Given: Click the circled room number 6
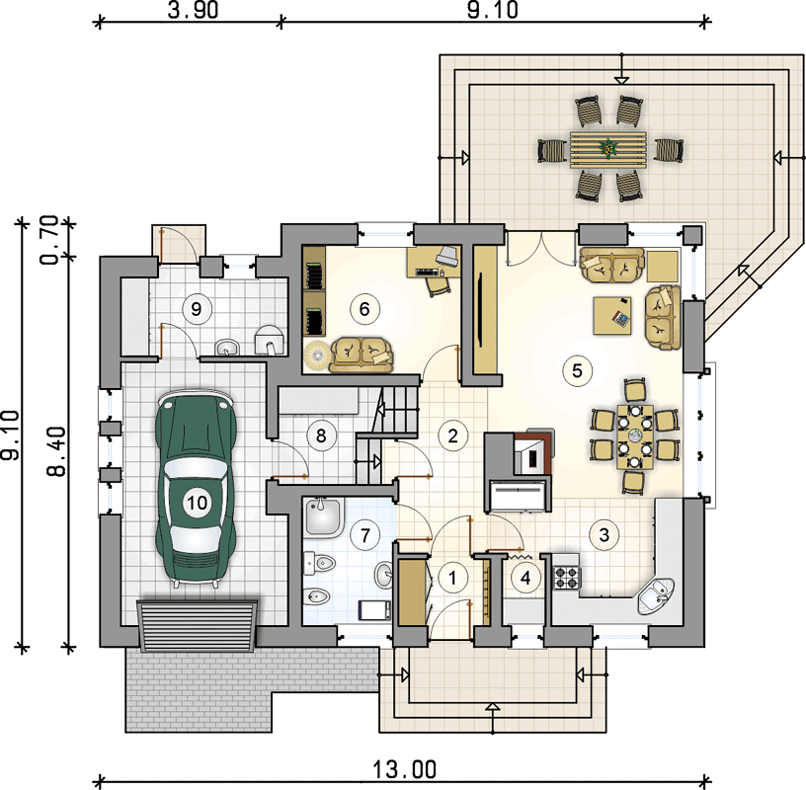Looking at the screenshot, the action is tap(364, 309).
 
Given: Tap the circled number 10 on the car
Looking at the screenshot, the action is tap(197, 503).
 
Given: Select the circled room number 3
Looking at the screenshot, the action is tap(604, 534).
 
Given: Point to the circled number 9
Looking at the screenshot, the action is tap(196, 309).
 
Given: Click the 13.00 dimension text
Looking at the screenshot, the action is tap(404, 769).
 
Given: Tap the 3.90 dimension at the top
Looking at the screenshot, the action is tap(193, 10).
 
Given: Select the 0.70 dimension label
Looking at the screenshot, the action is tap(49, 240).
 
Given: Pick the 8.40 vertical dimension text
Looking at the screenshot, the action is tap(56, 451).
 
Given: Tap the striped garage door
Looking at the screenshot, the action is tap(198, 625).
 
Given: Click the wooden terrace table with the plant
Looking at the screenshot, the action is tap(608, 149).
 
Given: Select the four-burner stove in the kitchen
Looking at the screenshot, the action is tap(567, 577).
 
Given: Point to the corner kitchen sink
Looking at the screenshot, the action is tap(656, 596).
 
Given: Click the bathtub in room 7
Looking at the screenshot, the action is tap(323, 518).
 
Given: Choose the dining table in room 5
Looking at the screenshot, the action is tap(635, 436).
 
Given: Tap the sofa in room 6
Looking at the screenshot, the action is tap(362, 355).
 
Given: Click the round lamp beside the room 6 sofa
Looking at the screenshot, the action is tap(316, 355).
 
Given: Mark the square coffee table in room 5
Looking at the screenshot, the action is tap(612, 316).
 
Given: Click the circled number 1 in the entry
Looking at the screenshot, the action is tap(452, 578).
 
